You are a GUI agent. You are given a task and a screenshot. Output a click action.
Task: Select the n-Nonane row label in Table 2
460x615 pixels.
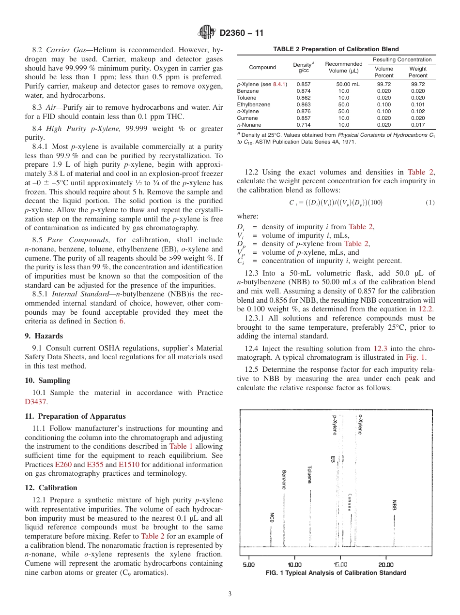tap(249, 125)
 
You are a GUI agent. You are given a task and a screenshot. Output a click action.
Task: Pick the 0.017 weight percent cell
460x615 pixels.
tap(418, 125)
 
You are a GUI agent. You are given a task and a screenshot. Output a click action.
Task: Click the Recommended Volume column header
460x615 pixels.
tap(343, 67)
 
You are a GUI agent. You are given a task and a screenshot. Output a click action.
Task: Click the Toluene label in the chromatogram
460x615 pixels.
tap(309, 474)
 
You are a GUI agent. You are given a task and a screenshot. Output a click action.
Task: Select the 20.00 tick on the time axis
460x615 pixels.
tap(386, 564)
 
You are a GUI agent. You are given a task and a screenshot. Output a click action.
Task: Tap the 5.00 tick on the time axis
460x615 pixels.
tap(248, 564)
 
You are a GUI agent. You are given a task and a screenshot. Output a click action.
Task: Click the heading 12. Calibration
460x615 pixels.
tap(51, 487)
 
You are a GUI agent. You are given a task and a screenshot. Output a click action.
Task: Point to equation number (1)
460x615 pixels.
tap(430, 202)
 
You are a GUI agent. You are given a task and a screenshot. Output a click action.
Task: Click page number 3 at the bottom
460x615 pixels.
tap(230, 594)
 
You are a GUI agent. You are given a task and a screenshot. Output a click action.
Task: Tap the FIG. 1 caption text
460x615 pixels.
tap(336, 573)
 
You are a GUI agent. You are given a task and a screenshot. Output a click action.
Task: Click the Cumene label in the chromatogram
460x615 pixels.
tap(349, 502)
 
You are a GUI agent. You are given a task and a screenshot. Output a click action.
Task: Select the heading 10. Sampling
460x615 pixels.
tap(47, 380)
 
